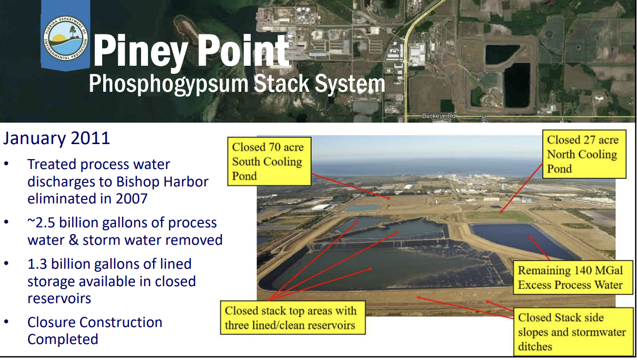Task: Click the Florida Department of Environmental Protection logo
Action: point(66,38)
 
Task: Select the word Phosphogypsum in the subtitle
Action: point(168,84)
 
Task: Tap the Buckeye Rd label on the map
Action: point(439,116)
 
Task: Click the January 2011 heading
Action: point(57,138)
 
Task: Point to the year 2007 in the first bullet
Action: point(132,198)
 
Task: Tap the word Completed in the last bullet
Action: point(63,339)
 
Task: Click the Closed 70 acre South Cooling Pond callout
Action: point(269,162)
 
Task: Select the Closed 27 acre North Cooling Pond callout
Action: point(584,154)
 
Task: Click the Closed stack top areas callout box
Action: point(293,318)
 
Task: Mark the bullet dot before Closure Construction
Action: point(6,322)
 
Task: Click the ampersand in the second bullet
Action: point(74,240)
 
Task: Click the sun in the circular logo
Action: point(60,38)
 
